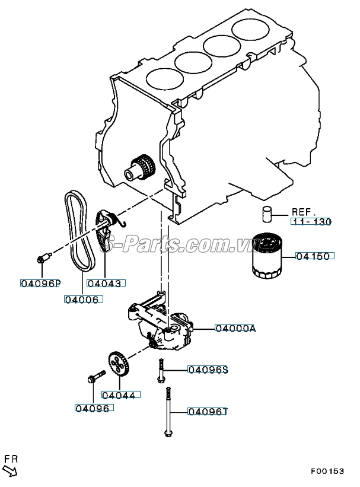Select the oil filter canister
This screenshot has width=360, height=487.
266,256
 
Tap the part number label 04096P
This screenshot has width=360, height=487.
40,284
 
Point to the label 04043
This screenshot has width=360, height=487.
106,283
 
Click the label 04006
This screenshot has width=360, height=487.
84,300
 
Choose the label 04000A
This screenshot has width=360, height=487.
235,328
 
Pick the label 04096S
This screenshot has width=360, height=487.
208,370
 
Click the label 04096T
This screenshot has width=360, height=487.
208,412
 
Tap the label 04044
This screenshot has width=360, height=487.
121,395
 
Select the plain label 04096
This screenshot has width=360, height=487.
94,408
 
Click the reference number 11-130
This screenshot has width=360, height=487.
311,222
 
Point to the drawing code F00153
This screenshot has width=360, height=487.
328,471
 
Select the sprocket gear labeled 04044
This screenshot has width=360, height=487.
119,364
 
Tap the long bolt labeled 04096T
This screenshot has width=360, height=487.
168,412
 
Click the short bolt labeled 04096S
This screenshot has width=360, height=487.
161,371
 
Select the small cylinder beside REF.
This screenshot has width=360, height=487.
266,214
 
